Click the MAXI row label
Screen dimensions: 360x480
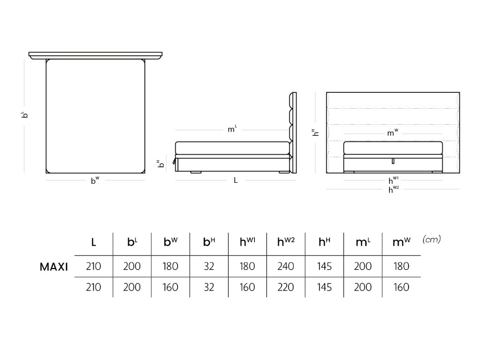pyautogui.click(x=54, y=267)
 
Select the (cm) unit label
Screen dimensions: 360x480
pyautogui.click(x=432, y=240)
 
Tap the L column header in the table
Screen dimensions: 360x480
pyautogui.click(x=94, y=242)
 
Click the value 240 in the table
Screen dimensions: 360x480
pyautogui.click(x=286, y=267)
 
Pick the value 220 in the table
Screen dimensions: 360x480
pyautogui.click(x=286, y=287)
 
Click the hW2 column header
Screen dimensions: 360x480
pyautogui.click(x=286, y=242)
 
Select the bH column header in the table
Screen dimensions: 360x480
pyautogui.click(x=209, y=242)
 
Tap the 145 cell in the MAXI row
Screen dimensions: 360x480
pyautogui.click(x=324, y=267)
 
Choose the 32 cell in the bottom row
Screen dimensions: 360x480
pyautogui.click(x=209, y=287)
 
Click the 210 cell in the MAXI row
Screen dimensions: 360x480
pyautogui.click(x=94, y=267)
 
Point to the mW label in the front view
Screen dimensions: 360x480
pyautogui.click(x=393, y=133)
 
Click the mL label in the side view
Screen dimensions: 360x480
pyautogui.click(x=232, y=129)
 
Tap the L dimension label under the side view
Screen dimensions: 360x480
pyautogui.click(x=236, y=180)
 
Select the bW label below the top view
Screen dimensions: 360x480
pyautogui.click(x=95, y=180)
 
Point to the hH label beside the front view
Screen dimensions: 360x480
pyautogui.click(x=316, y=133)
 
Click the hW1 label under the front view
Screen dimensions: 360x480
pyautogui.click(x=393, y=180)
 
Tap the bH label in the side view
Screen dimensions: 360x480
pyautogui.click(x=159, y=164)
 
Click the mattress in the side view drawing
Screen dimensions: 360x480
pyautogui.click(x=232, y=148)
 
